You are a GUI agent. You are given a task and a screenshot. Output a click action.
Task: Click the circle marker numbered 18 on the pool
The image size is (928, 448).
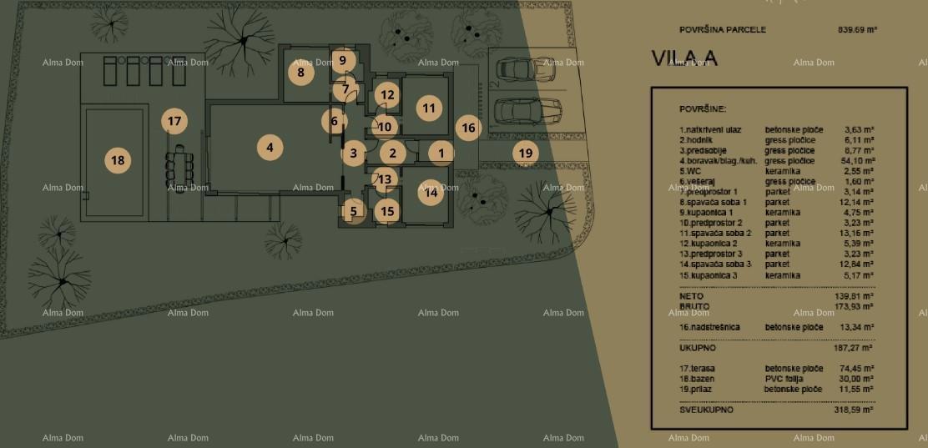point(118,159)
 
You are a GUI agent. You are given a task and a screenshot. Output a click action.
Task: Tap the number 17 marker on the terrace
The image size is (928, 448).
point(174,121)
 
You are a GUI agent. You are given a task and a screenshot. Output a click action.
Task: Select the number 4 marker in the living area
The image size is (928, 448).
point(270,148)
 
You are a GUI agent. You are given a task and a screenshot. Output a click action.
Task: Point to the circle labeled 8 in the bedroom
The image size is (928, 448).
point(300,73)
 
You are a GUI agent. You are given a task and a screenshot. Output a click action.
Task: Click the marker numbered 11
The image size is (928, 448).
point(429,108)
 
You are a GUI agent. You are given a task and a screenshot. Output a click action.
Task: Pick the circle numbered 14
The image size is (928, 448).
point(431,193)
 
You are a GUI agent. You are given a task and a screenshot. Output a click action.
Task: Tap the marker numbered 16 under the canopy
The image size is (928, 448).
point(468,128)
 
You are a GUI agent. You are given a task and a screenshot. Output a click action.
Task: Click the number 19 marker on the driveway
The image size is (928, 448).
point(525,153)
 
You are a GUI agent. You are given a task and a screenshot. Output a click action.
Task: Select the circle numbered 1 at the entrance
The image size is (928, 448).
point(441,153)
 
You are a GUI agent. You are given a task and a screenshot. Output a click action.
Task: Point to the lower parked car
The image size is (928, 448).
point(527,109)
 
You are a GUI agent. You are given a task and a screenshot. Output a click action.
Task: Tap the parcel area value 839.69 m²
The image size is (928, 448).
point(856,30)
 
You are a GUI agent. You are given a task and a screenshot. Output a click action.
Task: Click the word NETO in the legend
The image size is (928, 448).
point(691,296)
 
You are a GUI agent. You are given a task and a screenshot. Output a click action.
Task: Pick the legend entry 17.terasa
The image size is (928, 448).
point(698,368)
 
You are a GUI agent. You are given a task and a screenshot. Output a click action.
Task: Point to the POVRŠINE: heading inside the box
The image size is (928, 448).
point(703,109)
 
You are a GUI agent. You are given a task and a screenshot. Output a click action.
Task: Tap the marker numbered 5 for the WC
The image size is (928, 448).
point(353,211)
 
